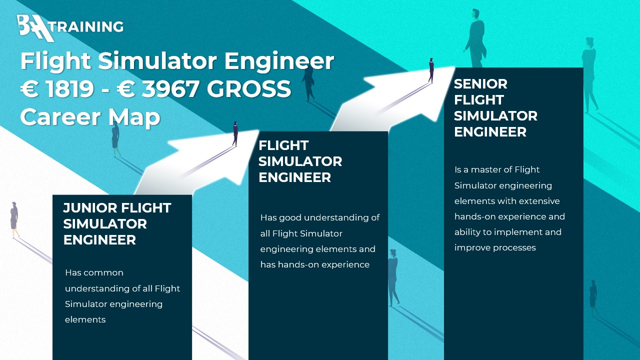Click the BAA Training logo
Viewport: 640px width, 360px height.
pyautogui.click(x=70, y=28)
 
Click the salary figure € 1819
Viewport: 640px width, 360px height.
pyautogui.click(x=57, y=89)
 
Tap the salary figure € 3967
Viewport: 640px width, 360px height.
pyautogui.click(x=158, y=89)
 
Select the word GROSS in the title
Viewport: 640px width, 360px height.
pyautogui.click(x=249, y=89)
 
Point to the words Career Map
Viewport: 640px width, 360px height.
pyautogui.click(x=90, y=117)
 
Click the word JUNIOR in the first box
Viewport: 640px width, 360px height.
pyautogui.click(x=89, y=208)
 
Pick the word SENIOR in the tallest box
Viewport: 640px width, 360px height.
pyautogui.click(x=480, y=84)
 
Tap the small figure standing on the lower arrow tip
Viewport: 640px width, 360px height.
pyautogui.click(x=235, y=133)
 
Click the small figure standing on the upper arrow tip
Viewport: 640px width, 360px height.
pyautogui.click(x=431, y=70)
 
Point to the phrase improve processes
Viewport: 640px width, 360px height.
pyautogui.click(x=495, y=247)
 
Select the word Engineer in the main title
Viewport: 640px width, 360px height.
pyautogui.click(x=279, y=61)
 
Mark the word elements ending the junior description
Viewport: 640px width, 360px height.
pyautogui.click(x=85, y=319)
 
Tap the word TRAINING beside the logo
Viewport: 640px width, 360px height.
pyautogui.click(x=88, y=26)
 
